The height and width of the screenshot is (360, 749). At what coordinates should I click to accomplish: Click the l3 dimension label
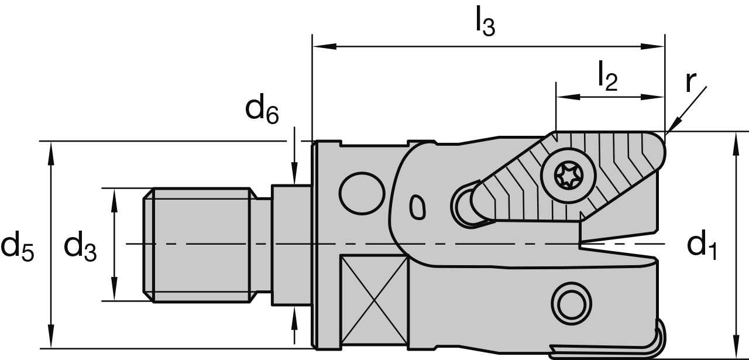485,23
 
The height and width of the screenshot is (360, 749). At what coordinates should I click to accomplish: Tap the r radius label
692,82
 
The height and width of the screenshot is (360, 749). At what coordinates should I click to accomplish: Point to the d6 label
261,109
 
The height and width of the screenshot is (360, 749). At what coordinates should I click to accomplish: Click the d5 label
18,246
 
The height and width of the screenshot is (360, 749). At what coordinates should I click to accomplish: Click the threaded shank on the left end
199,245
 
